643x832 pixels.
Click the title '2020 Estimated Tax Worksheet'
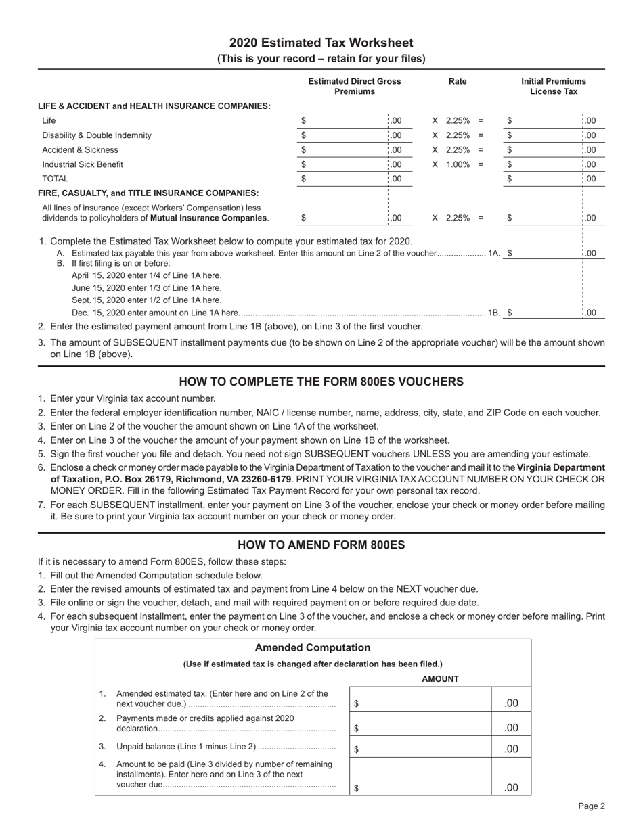click(x=321, y=43)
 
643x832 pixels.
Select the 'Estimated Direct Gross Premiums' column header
click(x=355, y=86)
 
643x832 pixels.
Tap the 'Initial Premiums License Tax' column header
click(x=553, y=86)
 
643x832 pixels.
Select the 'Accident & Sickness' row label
click(x=80, y=150)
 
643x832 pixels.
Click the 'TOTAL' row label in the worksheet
click(x=55, y=179)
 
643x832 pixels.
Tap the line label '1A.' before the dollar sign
click(x=494, y=253)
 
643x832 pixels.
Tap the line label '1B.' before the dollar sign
click(x=494, y=313)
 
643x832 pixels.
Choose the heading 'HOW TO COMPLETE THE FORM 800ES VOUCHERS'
click(x=321, y=382)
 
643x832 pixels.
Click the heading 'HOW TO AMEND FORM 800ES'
click(x=321, y=545)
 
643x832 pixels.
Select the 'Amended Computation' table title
click(x=313, y=648)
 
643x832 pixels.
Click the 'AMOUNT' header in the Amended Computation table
click(x=440, y=678)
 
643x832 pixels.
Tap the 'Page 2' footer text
click(x=591, y=806)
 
